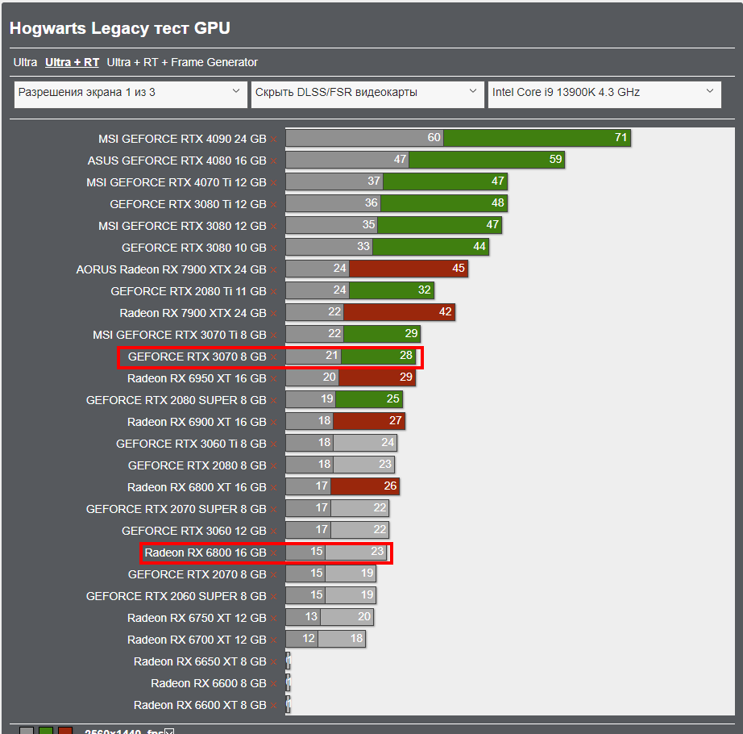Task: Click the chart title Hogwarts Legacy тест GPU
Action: click(120, 28)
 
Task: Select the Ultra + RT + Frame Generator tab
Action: click(182, 62)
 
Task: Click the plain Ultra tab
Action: click(25, 62)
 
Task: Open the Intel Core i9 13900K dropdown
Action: click(604, 93)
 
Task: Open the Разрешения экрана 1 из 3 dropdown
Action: click(131, 93)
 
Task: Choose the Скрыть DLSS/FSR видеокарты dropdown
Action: click(367, 93)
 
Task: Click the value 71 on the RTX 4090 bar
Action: click(621, 138)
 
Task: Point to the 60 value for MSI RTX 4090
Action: click(434, 138)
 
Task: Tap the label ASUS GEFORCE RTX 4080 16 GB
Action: click(176, 161)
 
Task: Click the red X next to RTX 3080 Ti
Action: click(274, 205)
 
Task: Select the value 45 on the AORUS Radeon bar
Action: click(459, 269)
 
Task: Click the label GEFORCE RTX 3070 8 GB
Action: click(197, 356)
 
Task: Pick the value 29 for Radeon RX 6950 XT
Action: click(405, 377)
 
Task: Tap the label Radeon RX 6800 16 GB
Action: click(205, 553)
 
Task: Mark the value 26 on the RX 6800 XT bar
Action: click(390, 486)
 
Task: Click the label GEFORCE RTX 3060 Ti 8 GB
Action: click(191, 443)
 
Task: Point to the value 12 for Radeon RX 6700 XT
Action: click(309, 639)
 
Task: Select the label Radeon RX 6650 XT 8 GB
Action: click(200, 661)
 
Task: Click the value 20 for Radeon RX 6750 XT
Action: click(364, 617)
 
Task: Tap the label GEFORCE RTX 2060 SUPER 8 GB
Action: click(176, 596)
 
